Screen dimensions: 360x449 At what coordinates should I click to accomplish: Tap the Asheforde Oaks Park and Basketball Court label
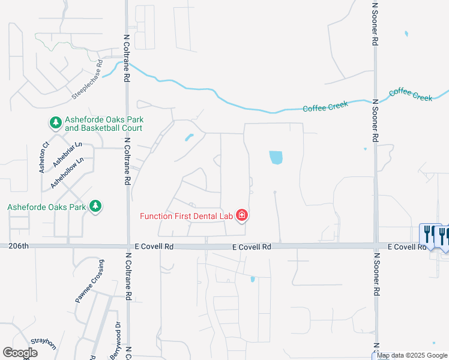click(x=103, y=124)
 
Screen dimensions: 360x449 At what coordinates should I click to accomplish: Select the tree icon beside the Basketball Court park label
click(x=55, y=123)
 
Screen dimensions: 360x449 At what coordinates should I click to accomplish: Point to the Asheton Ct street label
click(x=44, y=157)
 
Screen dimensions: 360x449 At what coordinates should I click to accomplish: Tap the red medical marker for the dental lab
click(x=241, y=215)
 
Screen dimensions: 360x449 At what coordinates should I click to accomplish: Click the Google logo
click(x=20, y=352)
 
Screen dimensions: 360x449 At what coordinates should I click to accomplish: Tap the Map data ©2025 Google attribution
click(x=412, y=356)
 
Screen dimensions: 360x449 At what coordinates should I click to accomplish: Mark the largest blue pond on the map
click(x=276, y=157)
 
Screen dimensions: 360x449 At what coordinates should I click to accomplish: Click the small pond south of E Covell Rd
click(x=253, y=279)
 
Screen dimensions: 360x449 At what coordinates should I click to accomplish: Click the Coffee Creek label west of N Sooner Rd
click(x=325, y=107)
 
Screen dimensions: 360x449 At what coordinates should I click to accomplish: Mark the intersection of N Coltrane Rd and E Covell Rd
click(x=128, y=247)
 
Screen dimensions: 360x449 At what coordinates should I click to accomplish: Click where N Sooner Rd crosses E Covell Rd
click(x=375, y=246)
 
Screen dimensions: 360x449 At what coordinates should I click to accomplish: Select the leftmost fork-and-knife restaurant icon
click(x=428, y=233)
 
